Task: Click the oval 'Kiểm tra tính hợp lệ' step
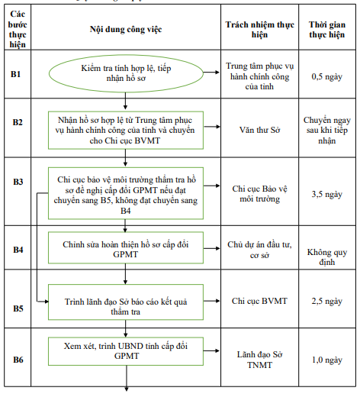125,74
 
